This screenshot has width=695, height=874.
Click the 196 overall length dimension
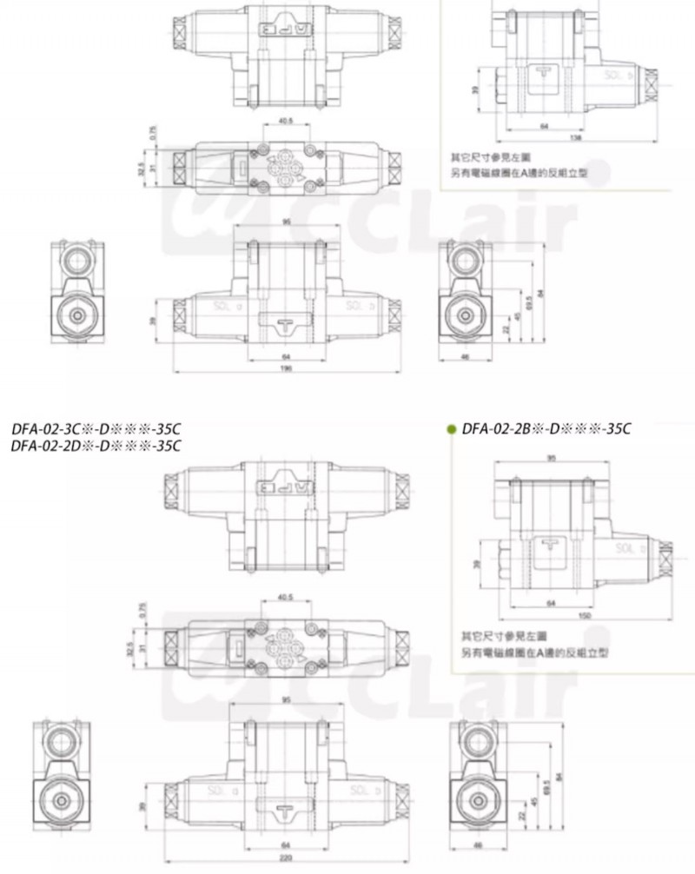pos(286,368)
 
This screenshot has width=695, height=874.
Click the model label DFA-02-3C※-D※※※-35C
pos(96,428)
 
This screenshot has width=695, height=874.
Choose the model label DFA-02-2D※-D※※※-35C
pos(96,446)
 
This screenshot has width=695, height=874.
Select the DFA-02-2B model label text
pos(546,427)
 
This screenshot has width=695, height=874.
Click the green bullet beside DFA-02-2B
pos(451,428)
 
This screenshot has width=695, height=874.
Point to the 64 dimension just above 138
pos(544,126)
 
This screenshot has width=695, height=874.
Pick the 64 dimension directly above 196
pos(286,356)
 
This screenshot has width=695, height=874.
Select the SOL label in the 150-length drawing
pos(626,548)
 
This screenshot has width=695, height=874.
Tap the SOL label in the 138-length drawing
pos(615,76)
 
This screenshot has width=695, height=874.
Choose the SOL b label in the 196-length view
pos(357,305)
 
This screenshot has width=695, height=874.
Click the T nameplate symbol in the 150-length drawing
pos(548,544)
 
